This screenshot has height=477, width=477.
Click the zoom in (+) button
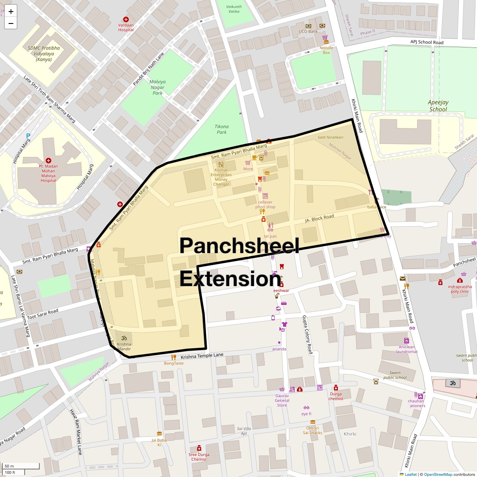pos(11,12)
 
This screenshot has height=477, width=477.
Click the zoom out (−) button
pos(11,23)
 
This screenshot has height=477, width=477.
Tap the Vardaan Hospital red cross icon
pos(126,19)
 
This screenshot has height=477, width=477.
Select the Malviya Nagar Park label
pos(157,87)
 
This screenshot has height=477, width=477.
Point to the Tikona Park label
pos(221,129)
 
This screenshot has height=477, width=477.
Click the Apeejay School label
pos(438,106)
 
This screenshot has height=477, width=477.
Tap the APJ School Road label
pos(427,42)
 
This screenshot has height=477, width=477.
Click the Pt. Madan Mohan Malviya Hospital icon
pos(48,160)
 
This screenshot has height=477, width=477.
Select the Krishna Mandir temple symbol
pos(124,337)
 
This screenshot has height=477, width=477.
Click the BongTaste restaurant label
pos(174,363)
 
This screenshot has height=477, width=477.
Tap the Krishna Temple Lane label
pos(202,356)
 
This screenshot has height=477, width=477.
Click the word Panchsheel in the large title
pos(239,246)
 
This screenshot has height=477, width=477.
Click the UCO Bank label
pos(308,31)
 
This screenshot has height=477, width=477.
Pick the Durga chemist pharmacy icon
pos(336,388)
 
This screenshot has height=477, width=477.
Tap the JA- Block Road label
pos(319,218)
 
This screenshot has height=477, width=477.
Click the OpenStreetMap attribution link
pos(438,474)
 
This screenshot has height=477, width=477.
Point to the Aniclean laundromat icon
pos(406,341)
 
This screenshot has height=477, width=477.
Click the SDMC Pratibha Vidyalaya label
pos(44,54)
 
